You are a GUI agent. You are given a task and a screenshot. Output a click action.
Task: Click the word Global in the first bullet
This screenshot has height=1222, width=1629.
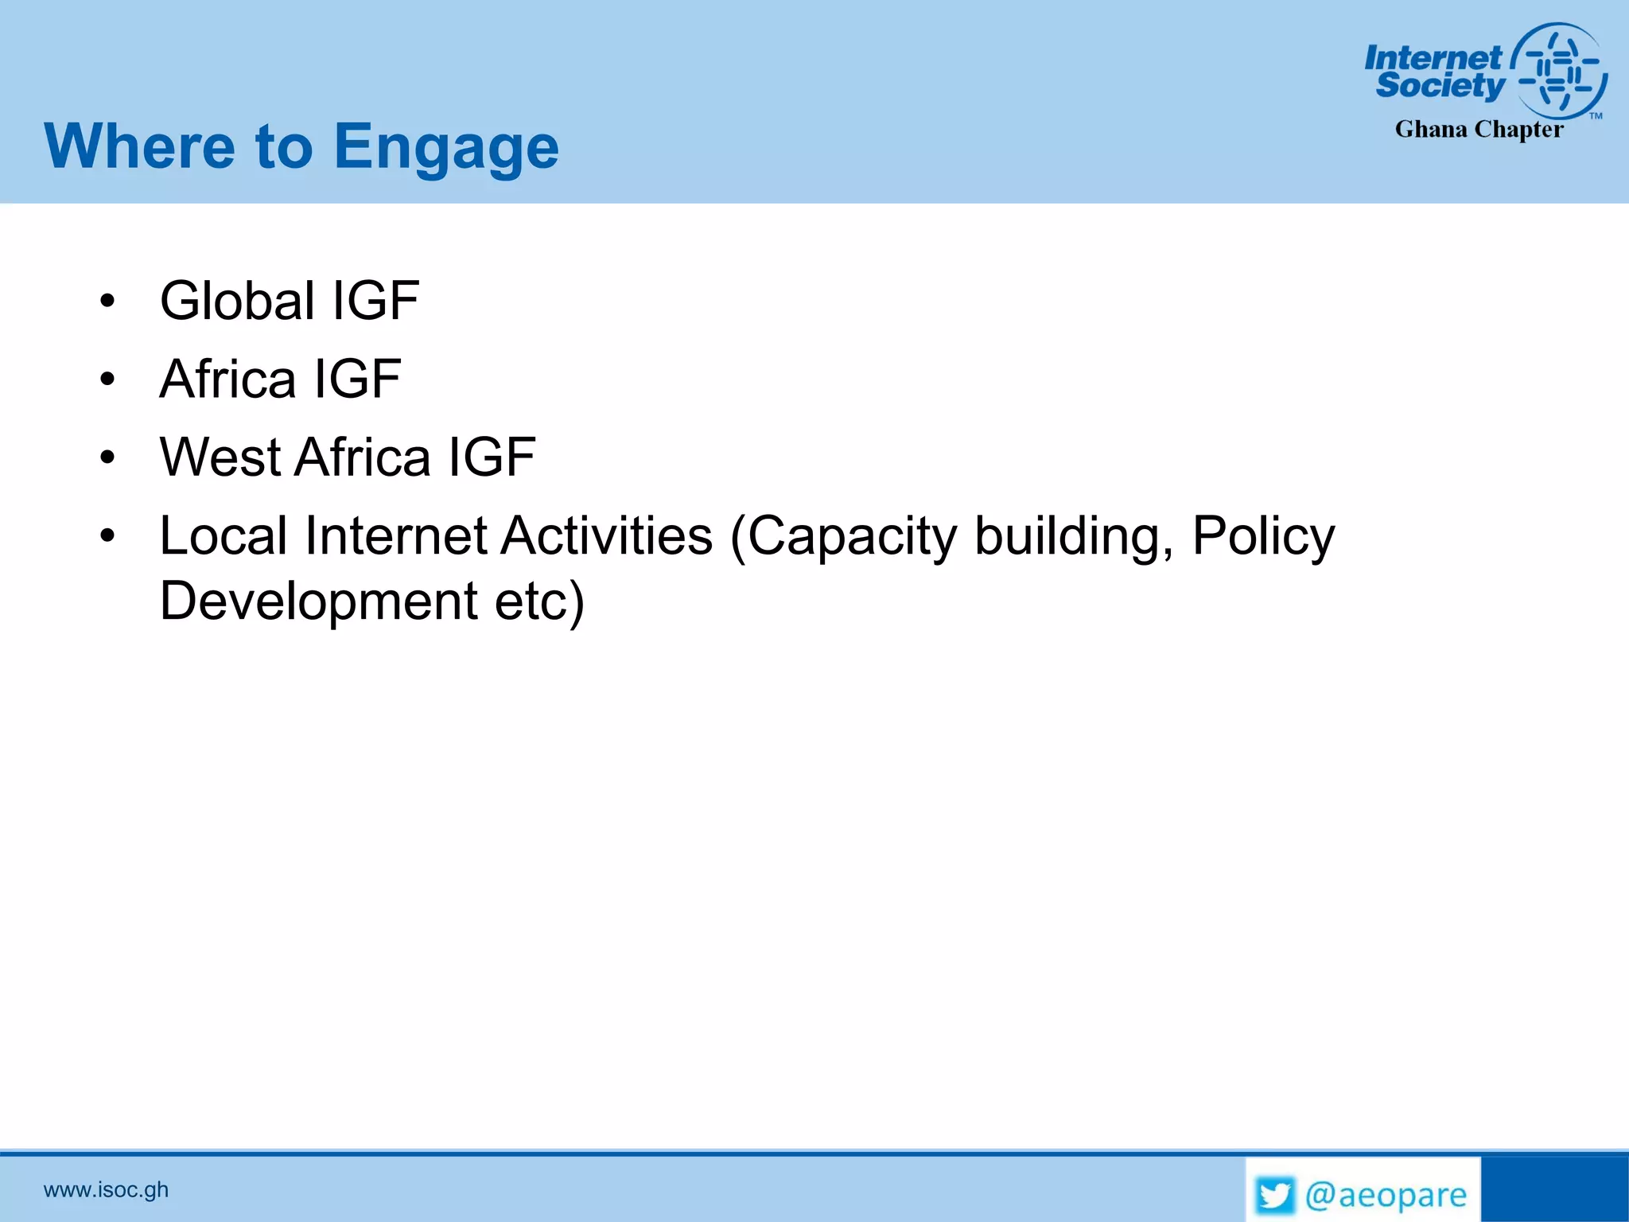(237, 301)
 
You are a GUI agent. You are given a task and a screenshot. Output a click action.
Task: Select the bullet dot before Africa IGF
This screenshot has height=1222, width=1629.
(107, 379)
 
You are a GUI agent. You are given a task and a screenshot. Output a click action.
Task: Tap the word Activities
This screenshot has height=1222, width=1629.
(606, 535)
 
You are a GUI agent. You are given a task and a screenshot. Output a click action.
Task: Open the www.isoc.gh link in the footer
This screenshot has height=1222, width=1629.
(106, 1189)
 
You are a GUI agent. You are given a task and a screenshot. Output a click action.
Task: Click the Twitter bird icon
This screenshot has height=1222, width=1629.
(1275, 1195)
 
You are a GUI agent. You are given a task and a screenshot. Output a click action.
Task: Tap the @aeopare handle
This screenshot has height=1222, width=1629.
(1386, 1195)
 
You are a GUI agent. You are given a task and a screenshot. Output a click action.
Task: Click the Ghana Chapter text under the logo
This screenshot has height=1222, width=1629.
(1479, 130)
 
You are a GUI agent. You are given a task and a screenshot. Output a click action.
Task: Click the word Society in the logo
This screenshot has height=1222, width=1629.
(1440, 85)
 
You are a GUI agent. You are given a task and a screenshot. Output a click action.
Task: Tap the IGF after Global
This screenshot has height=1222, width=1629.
(375, 301)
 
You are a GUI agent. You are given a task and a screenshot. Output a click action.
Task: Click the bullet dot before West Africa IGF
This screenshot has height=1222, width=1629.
(107, 457)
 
